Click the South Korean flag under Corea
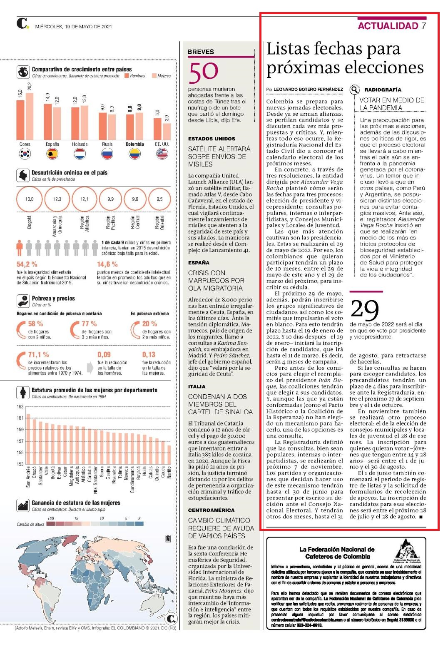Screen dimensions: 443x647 point(25,154)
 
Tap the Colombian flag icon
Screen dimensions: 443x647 point(134,154)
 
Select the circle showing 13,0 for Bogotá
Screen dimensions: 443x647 point(30,199)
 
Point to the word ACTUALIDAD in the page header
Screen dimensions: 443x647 point(388,26)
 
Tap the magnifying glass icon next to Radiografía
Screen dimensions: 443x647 point(354,90)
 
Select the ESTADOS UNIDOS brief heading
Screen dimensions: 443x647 point(212,139)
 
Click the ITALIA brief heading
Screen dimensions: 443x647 point(197,386)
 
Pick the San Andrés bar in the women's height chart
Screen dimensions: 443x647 point(28,439)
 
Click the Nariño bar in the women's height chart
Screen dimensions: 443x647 point(169,455)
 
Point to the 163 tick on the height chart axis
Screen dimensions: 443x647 point(20,407)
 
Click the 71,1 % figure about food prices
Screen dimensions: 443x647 point(38,354)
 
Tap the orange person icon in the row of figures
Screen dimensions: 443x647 point(19,248)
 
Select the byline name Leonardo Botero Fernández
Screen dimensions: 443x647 point(308,90)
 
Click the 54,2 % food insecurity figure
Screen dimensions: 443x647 point(27,264)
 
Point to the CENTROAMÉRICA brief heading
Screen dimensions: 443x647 point(212,510)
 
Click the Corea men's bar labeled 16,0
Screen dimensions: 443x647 point(20,120)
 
